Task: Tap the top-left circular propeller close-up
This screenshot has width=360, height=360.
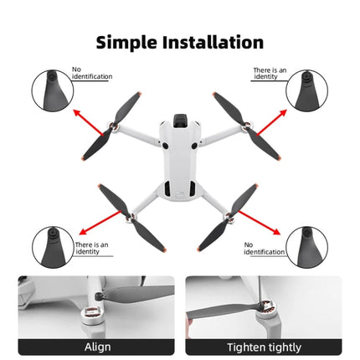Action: (53, 90)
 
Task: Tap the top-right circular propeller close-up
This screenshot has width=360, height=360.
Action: (306, 90)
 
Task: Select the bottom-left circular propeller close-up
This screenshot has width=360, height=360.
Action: (53, 247)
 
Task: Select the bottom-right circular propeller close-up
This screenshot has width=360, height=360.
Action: (306, 247)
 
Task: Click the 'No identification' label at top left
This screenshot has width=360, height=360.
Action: (91, 73)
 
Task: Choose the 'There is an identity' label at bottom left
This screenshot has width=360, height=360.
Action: (91, 248)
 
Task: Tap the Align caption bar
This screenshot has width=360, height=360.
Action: (96, 347)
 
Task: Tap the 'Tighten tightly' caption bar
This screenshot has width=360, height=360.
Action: (263, 347)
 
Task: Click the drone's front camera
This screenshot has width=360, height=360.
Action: (179, 121)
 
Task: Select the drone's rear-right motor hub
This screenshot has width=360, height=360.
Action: (225, 220)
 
